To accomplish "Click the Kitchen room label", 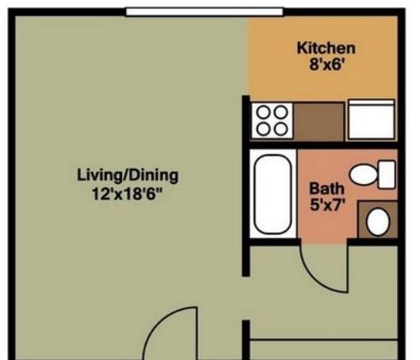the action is click(x=326, y=48).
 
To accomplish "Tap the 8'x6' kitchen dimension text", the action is click(x=326, y=64).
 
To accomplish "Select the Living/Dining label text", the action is click(x=128, y=175).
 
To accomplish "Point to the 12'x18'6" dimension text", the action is click(x=128, y=193).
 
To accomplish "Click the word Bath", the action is click(x=326, y=188).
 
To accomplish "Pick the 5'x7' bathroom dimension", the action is click(x=326, y=205).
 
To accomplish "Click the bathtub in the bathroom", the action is click(x=273, y=194).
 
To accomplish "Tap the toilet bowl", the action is click(x=363, y=174).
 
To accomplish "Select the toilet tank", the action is click(x=387, y=174).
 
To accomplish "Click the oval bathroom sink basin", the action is click(x=378, y=222).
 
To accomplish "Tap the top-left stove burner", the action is click(x=264, y=113).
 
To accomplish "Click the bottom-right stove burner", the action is click(x=281, y=129).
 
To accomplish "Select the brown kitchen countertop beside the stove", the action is click(x=319, y=121).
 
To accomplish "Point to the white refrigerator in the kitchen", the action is click(x=372, y=120).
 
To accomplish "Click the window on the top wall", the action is click(x=204, y=12).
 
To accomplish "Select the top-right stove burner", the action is click(x=281, y=113).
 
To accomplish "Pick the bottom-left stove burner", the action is click(x=264, y=129).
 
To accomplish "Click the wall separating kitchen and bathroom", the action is click(x=323, y=145).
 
